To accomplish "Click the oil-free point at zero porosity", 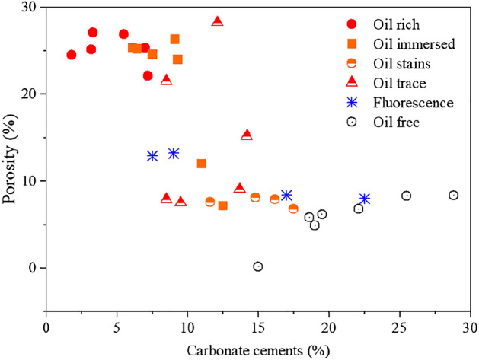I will (x=258, y=266).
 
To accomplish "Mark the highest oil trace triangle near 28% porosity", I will (x=217, y=21).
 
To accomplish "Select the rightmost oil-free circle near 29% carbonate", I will (x=453, y=195).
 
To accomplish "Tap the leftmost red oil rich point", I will (x=72, y=55).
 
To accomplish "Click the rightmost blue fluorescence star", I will (x=365, y=199).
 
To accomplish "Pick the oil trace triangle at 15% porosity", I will (x=247, y=135).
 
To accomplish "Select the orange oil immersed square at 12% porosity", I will (x=202, y=164).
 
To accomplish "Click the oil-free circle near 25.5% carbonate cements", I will (x=406, y=196).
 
